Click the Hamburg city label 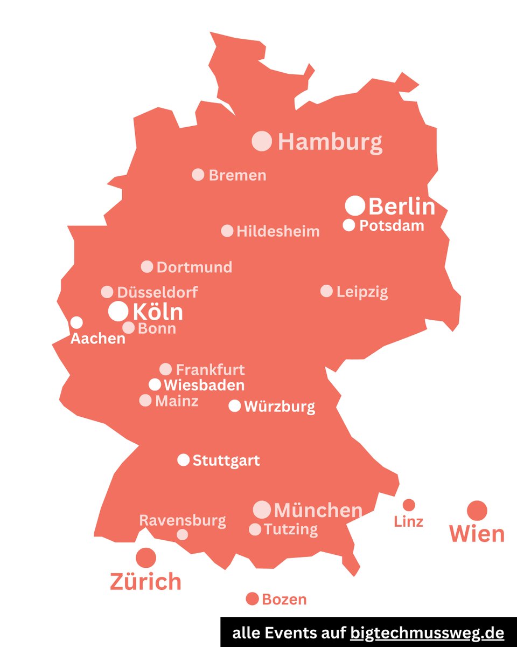click(x=330, y=142)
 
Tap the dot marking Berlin click(x=355, y=205)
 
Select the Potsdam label click(x=392, y=225)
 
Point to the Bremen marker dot click(x=198, y=175)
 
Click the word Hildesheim click(x=278, y=231)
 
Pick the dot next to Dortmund click(x=147, y=266)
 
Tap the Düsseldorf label click(x=157, y=292)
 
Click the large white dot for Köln click(x=118, y=311)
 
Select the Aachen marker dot click(x=76, y=322)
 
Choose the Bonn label click(x=157, y=328)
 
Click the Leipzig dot click(x=326, y=291)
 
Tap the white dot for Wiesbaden click(x=155, y=384)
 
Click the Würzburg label click(x=279, y=406)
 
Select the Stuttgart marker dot click(x=183, y=460)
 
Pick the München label click(x=318, y=510)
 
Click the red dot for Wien click(x=477, y=510)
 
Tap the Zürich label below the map click(x=145, y=582)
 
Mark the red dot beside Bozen click(x=252, y=598)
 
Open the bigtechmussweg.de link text click(x=427, y=632)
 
